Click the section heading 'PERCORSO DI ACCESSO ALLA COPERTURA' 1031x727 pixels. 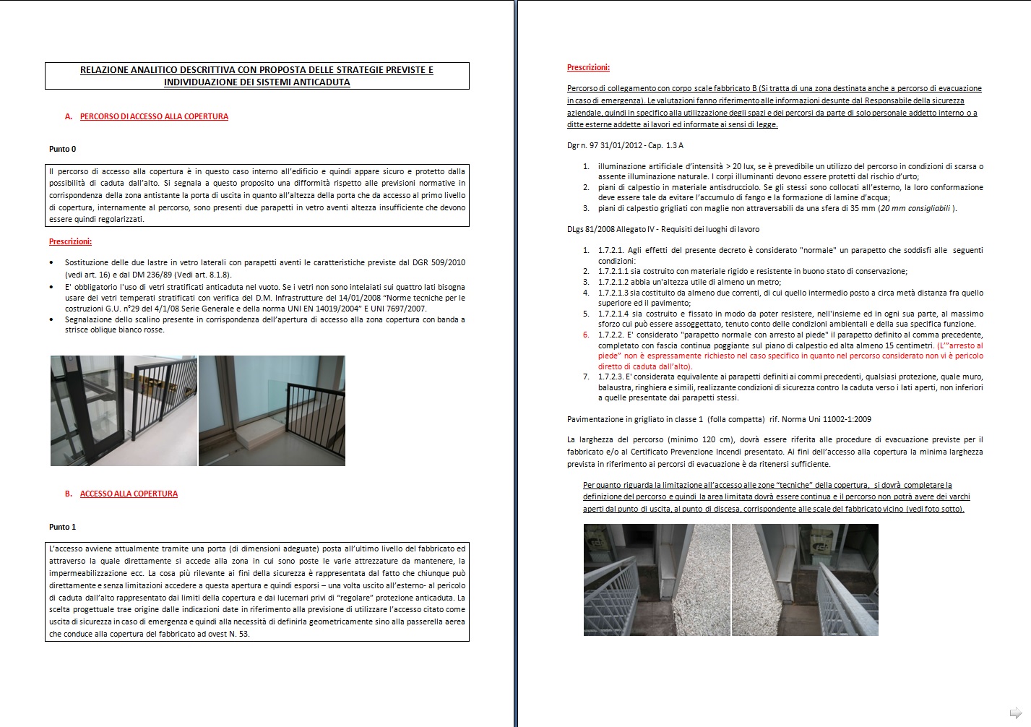tap(154, 116)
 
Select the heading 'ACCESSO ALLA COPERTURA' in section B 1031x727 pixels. tap(129, 494)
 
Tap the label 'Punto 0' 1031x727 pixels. tap(62, 149)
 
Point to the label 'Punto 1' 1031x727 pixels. tap(62, 527)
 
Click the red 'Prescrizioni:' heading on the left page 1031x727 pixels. tap(70, 241)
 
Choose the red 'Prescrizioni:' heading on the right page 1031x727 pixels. tap(588, 67)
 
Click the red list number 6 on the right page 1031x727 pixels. tap(586, 335)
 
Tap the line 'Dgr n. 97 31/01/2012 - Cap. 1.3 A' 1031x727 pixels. tap(625, 145)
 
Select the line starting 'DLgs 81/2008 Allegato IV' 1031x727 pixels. tap(663, 229)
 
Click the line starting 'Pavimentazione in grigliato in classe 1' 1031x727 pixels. tap(719, 419)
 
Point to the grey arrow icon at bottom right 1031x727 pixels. tap(1015, 711)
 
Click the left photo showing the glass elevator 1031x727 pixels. tap(124, 410)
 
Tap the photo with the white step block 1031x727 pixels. tap(272, 410)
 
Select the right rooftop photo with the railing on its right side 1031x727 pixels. tap(806, 580)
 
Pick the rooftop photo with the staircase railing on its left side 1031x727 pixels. tap(657, 580)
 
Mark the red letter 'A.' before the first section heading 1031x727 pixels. tap(69, 116)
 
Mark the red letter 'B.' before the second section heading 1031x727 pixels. tap(69, 494)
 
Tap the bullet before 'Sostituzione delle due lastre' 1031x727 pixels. tap(51, 263)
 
